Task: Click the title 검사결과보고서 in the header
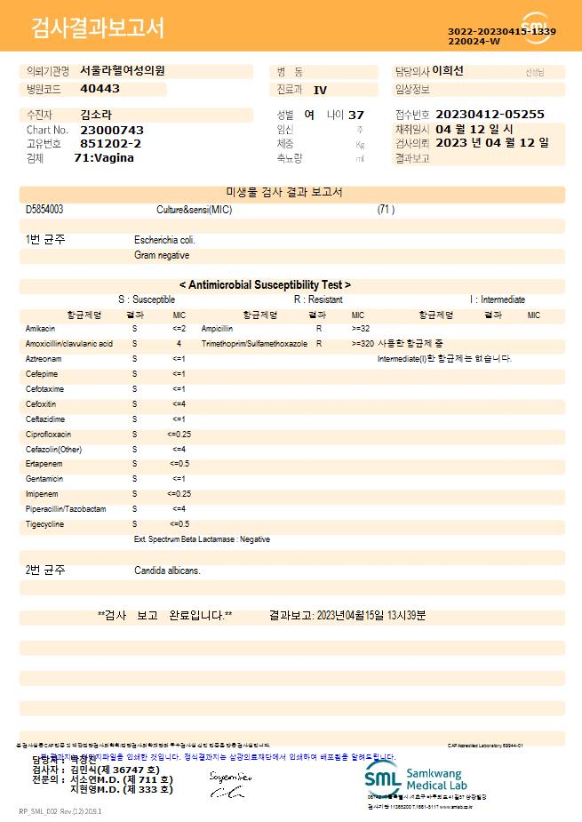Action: coord(98,28)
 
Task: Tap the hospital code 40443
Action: coord(100,89)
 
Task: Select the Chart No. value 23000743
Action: coord(111,130)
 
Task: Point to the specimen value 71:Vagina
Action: coord(104,157)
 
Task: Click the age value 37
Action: coord(356,116)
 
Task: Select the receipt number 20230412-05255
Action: coord(490,115)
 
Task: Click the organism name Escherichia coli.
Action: coord(164,240)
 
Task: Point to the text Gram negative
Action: coord(161,255)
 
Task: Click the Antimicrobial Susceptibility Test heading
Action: coord(265,285)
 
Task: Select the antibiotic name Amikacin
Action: coord(41,329)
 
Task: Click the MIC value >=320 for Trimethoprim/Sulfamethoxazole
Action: coord(363,344)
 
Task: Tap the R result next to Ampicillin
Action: coord(318,329)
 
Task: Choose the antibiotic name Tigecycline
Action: coord(45,524)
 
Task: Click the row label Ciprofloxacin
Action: coord(48,435)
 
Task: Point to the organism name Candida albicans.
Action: coord(167,570)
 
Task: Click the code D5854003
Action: coord(44,210)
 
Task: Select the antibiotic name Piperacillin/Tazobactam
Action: coord(66,509)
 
